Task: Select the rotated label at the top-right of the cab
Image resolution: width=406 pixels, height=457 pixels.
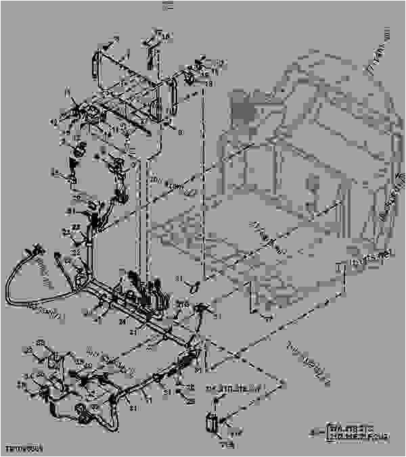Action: click(378, 51)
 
